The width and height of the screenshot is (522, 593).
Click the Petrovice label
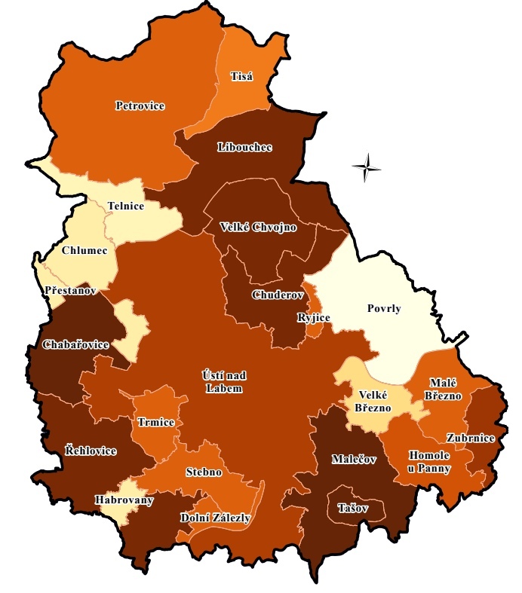(x=140, y=105)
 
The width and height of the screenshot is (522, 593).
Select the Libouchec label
(x=244, y=146)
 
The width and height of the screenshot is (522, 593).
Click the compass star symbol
(x=366, y=167)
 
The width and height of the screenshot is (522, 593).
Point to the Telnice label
(x=125, y=206)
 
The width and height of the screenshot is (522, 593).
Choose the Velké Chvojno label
(x=258, y=227)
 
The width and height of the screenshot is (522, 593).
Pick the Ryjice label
(x=314, y=318)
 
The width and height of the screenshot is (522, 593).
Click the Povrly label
(x=384, y=308)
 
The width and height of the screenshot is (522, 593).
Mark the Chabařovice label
(x=75, y=344)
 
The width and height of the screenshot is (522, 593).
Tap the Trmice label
(x=156, y=423)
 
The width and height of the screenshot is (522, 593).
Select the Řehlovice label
(x=91, y=451)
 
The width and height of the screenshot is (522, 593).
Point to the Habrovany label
(x=124, y=500)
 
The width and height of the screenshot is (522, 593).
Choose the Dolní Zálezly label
(x=216, y=518)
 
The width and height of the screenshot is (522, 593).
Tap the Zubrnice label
(x=470, y=438)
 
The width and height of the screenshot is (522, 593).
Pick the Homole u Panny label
(x=429, y=462)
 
